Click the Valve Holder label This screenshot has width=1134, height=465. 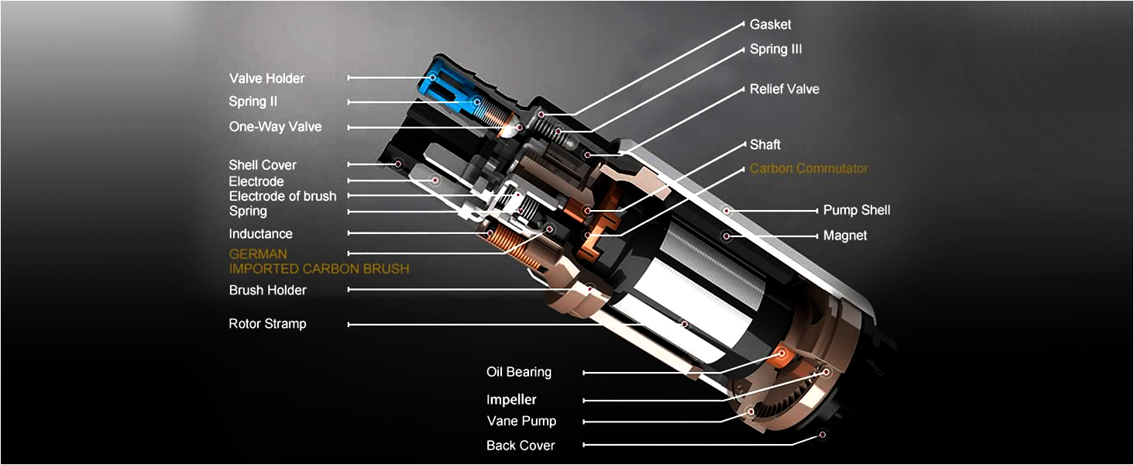point(266,78)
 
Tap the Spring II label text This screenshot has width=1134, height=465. point(253,102)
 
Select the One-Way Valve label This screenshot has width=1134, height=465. point(275,126)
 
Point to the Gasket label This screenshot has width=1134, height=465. point(770,24)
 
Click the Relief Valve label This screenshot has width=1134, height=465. point(784,89)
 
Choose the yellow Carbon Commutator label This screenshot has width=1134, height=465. point(809,168)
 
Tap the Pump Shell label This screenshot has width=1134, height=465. point(857,210)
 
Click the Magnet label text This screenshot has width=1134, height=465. point(845,236)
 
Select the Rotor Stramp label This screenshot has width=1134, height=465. point(267,324)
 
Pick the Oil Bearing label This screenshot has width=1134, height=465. point(519,372)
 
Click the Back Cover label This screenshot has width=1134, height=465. point(521,446)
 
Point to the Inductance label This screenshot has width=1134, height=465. point(261,234)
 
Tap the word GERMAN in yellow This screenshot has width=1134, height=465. point(258,254)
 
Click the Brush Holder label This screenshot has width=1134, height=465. point(268,291)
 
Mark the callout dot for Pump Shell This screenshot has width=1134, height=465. point(727,210)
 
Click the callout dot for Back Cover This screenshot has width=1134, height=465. point(823,435)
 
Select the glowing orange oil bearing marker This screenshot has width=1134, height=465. point(782,353)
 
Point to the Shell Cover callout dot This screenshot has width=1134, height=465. point(398,164)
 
